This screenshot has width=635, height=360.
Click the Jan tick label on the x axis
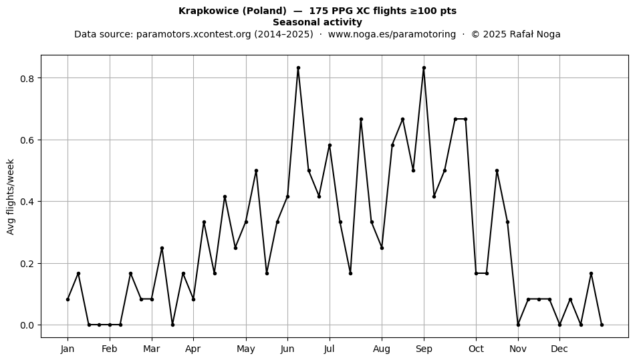click(x=68, y=349)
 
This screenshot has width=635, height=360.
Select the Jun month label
click(x=287, y=349)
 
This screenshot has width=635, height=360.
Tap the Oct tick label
click(x=476, y=349)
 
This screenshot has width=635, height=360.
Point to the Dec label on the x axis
click(x=559, y=349)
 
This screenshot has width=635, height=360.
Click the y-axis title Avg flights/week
click(x=11, y=196)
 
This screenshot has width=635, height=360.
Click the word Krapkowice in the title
click(x=209, y=11)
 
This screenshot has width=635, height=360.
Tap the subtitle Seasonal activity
click(x=317, y=22)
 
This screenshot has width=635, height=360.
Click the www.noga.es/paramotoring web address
click(x=392, y=34)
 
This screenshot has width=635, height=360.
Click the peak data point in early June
click(x=299, y=68)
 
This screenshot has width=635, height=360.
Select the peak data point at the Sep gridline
click(x=424, y=68)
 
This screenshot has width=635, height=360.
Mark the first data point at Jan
click(x=68, y=299)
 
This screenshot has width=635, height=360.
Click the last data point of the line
click(x=602, y=325)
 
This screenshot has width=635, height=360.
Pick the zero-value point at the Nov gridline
click(x=519, y=325)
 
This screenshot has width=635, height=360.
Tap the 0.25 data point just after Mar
click(x=162, y=248)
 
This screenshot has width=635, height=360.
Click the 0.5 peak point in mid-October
click(x=497, y=171)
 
